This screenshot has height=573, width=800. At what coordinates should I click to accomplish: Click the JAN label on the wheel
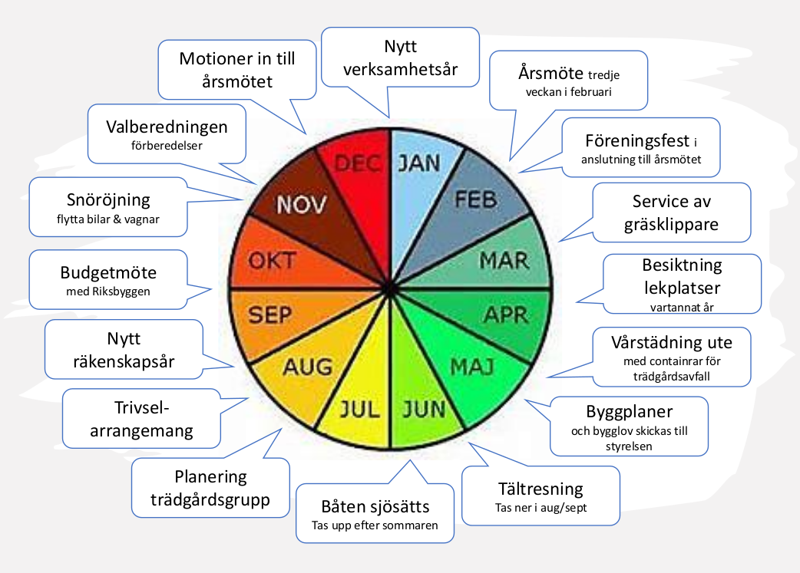pos(419,163)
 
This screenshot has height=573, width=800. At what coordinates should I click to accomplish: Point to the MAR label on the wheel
pos(504,261)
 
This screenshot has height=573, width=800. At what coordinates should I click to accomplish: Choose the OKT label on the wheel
pos(272,261)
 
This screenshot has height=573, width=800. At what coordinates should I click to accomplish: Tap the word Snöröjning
pos(108,200)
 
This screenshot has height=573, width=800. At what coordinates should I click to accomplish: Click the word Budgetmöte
pos(108,272)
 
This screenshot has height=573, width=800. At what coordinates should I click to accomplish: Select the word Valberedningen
pos(167,127)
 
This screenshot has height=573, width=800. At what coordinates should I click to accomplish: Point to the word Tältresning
pos(540,489)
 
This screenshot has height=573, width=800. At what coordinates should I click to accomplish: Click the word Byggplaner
pos(629,411)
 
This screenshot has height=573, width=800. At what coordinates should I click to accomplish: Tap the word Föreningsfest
pos(637,140)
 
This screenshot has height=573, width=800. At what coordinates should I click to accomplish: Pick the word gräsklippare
pos(672,225)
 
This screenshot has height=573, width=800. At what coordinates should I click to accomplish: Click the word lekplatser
pos(682,288)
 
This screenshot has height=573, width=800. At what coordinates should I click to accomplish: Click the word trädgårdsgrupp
pos(210,500)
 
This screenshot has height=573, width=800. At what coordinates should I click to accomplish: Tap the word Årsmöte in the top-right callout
pos(551,73)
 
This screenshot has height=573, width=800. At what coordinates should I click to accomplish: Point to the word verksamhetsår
pos(401,69)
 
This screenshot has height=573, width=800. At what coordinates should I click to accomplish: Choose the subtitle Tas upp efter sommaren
pos(375,525)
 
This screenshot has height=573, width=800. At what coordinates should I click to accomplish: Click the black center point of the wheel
pos(391,289)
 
